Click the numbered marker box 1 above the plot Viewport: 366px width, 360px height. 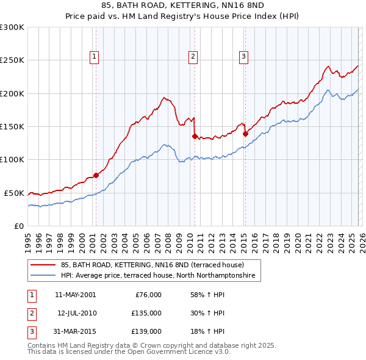[95, 57]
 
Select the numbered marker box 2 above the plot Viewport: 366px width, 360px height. [193, 57]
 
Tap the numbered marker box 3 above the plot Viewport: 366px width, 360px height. [243, 57]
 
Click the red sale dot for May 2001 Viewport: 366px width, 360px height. [96, 175]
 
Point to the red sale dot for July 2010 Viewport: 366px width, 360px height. [195, 136]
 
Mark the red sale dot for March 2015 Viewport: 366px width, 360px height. [245, 134]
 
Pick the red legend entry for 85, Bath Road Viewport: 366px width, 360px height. [152, 265]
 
